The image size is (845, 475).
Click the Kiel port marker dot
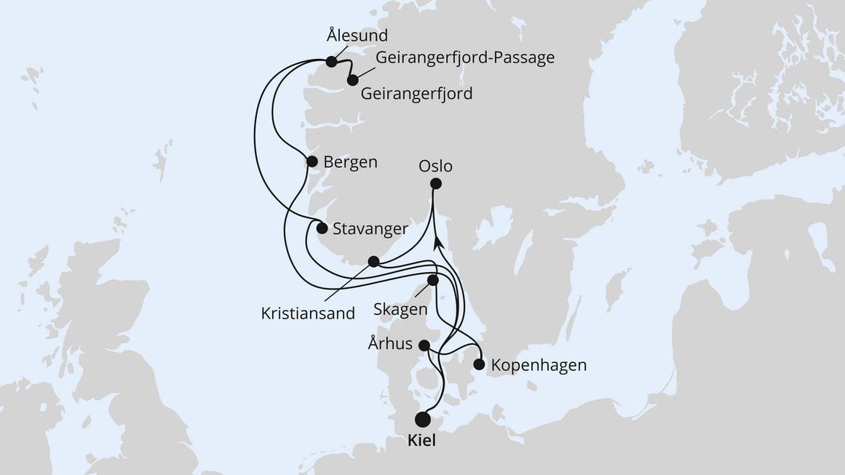point(422,419)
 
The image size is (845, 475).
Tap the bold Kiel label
point(421,442)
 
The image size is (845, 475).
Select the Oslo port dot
point(435,184)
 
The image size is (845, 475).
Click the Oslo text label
point(435,166)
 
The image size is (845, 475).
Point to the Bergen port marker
point(312,161)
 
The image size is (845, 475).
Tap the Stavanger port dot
point(322,228)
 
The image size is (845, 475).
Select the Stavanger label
point(370,229)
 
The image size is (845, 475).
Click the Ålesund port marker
point(332,62)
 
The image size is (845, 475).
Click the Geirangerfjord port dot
point(353,80)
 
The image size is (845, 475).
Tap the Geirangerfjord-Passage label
point(465,57)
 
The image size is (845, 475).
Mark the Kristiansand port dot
point(373,261)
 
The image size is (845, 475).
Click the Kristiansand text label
point(308,314)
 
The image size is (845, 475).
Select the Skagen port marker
point(433,280)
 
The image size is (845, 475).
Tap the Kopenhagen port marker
point(479,364)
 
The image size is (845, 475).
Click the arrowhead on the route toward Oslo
point(437,242)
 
